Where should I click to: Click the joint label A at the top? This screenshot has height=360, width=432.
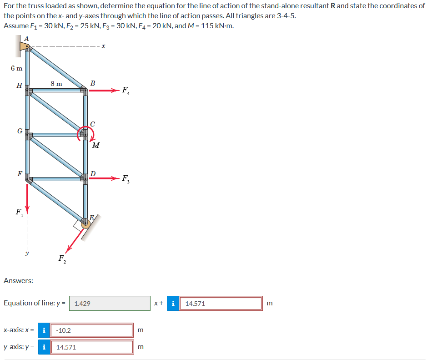26,38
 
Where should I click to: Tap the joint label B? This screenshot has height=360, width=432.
93,83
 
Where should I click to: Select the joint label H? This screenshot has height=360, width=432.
19,85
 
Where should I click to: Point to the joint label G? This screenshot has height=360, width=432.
19,131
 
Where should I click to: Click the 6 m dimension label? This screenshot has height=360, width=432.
16,68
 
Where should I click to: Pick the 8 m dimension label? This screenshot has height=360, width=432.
56,83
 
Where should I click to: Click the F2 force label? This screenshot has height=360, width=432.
62,259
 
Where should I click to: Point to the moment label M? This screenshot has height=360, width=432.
95,146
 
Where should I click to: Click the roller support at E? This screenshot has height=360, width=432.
85,223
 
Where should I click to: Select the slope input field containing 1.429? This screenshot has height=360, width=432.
110,303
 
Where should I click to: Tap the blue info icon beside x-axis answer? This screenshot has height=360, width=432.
43,330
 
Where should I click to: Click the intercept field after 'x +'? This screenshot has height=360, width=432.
221,303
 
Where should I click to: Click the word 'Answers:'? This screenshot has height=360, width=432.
18,281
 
